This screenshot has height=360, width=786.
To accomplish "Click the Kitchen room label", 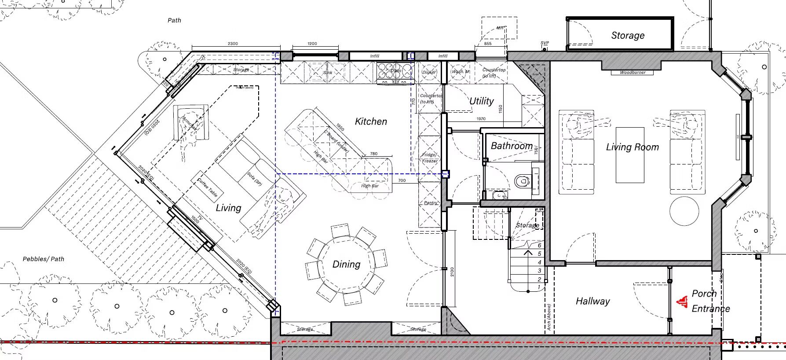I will pos(371,121).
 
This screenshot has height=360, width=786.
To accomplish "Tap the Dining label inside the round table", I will pos(346,264).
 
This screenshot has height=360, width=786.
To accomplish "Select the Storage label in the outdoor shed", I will pos(628,36).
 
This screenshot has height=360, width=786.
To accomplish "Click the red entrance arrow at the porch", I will pos(682,301).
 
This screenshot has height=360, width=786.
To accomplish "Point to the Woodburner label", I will pos(632,72).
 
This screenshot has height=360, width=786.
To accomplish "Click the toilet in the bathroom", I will pos(522,180).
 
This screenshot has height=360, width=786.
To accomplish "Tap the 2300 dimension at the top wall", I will pos(233,44).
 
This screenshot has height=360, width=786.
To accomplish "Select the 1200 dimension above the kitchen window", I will pos(312,44).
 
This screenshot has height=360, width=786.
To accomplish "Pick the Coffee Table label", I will pos(207,187).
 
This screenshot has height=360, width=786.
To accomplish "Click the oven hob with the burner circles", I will pos(395,72).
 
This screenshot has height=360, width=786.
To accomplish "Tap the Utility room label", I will pos(481,101).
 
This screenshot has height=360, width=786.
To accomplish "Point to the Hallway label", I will pos(592,301).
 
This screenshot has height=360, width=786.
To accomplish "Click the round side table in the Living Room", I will pos(684,211).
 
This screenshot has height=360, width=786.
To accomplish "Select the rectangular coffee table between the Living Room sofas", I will pos(630,155).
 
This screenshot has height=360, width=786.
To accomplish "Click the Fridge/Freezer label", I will pos(430,158).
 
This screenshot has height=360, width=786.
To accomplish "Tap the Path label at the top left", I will pos(174,20).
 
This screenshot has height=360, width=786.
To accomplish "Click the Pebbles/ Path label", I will pos(44,259).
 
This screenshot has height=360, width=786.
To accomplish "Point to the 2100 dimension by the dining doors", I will pos(452,272).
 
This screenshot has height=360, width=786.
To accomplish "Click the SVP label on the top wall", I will pos(545,43).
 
